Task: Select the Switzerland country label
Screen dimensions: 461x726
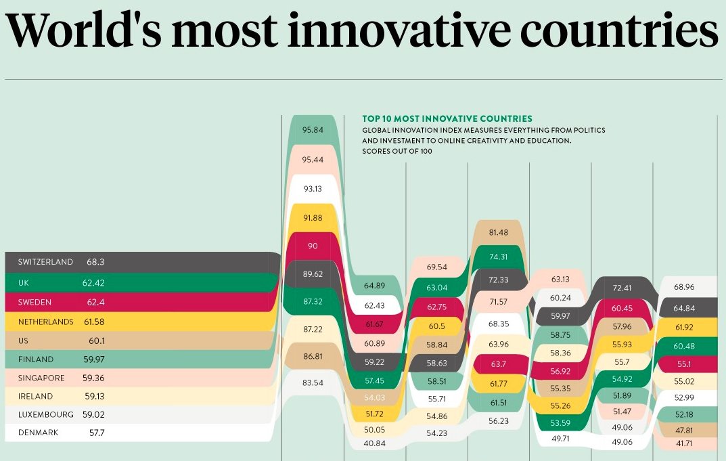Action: pos(46,261)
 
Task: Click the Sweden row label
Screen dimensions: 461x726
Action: pos(35,302)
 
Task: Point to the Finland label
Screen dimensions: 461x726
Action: pos(35,359)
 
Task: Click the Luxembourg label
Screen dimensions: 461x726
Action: pos(45,414)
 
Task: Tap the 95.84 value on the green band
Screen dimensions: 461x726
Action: pos(313,129)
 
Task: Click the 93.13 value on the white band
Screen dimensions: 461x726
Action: pos(313,188)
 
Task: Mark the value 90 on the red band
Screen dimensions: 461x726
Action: pos(313,246)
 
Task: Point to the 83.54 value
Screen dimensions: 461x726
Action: pos(313,382)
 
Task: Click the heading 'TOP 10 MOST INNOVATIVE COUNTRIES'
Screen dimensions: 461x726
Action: pos(447,118)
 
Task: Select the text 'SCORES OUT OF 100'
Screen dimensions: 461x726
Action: pos(397,152)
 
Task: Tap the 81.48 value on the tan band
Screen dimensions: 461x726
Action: pos(499,232)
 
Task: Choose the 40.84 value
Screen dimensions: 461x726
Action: pos(375,443)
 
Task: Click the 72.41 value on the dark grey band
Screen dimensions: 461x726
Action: pos(622,288)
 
